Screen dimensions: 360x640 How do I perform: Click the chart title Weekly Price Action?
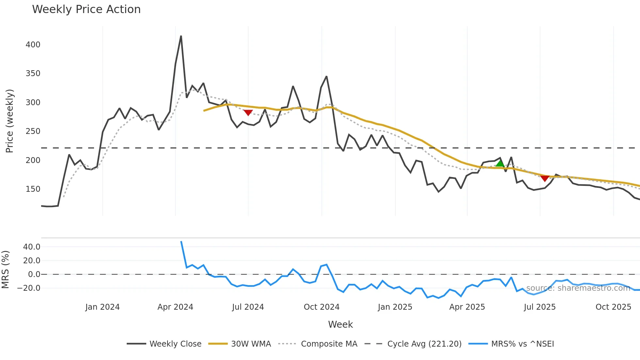[x=86, y=9]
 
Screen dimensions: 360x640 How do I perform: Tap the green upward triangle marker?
[x=500, y=163]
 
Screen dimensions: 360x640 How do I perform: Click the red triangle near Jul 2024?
[x=248, y=112]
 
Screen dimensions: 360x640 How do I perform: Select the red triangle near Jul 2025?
[x=545, y=178]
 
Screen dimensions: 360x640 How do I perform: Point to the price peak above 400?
[x=181, y=37]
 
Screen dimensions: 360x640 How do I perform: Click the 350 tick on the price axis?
[x=33, y=74]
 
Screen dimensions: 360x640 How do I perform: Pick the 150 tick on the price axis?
[x=33, y=189]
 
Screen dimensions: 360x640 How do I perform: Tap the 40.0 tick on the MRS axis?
[x=32, y=247]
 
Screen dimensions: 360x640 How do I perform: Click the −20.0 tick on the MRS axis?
[x=29, y=288]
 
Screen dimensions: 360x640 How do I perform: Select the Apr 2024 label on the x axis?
[x=175, y=307]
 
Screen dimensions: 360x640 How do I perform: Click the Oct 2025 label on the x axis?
[x=613, y=307]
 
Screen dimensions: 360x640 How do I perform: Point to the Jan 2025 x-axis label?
[x=395, y=307]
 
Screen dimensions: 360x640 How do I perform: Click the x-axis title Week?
[x=340, y=324]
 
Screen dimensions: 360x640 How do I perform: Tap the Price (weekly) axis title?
[x=10, y=121]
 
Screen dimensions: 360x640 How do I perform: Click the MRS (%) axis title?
[x=5, y=270]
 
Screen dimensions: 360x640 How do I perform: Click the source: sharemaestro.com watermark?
[x=578, y=288]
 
